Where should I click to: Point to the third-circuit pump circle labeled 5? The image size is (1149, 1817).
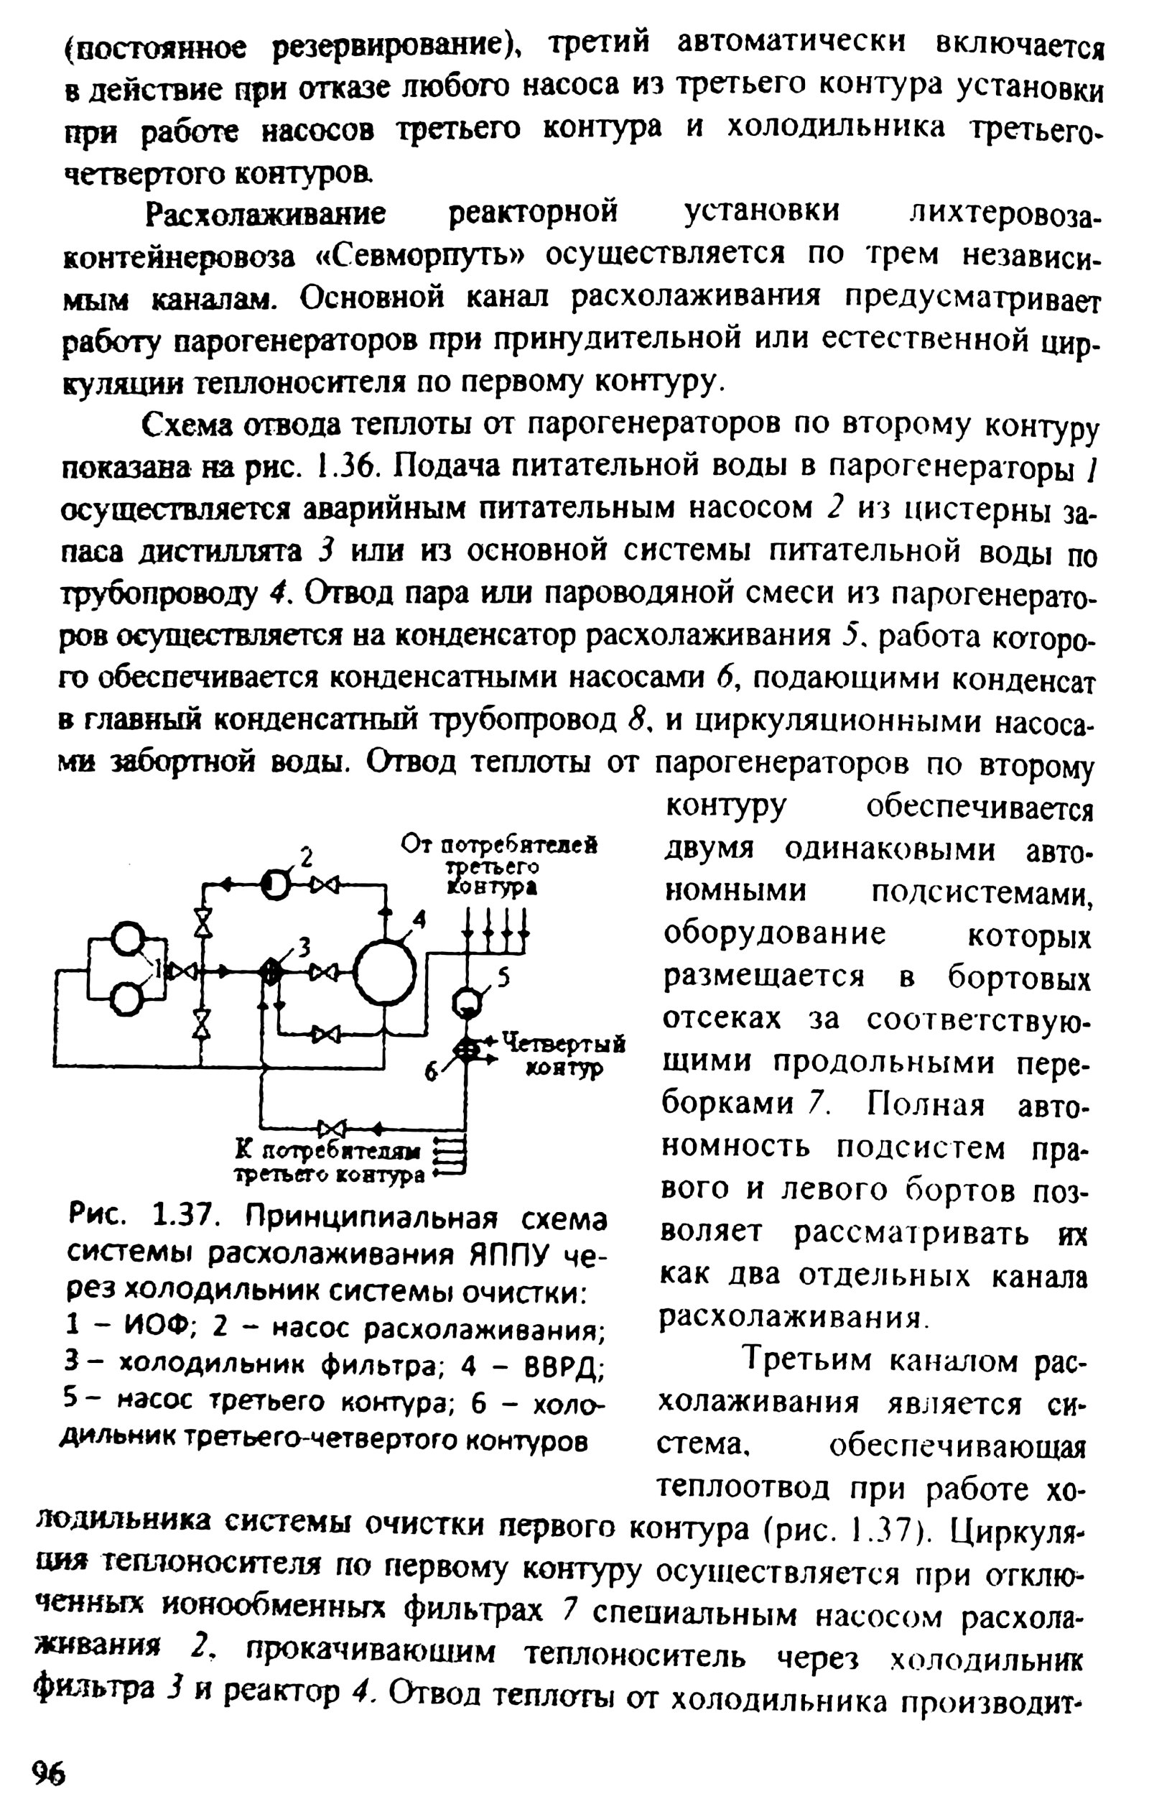[467, 1003]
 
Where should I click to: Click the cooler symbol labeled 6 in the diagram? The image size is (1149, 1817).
[468, 1049]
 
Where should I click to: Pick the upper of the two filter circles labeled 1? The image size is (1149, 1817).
[128, 940]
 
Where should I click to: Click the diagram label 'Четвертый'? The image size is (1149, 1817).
[563, 1043]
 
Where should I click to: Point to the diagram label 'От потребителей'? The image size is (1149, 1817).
[498, 843]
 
